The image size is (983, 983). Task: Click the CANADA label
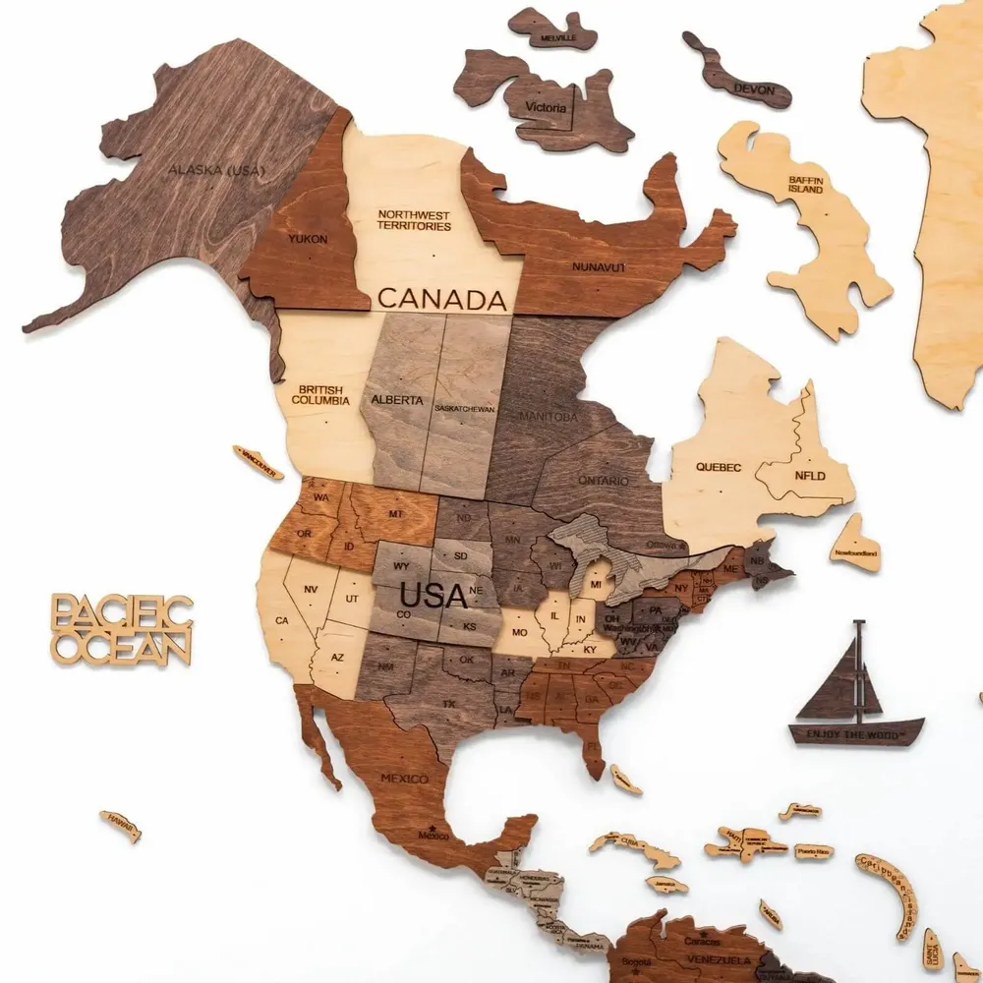pyautogui.click(x=441, y=298)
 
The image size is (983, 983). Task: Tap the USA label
pyautogui.click(x=433, y=596)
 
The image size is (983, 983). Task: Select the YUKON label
pyautogui.click(x=308, y=239)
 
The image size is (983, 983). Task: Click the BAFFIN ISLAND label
pyautogui.click(x=805, y=184)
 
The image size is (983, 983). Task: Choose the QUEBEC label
pyautogui.click(x=719, y=467)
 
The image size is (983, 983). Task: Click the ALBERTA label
pyautogui.click(x=397, y=400)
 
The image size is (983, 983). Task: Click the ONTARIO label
pyautogui.click(x=603, y=481)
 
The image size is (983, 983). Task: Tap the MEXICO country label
pyautogui.click(x=404, y=780)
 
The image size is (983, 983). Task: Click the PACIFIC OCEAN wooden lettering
pyautogui.click(x=122, y=629)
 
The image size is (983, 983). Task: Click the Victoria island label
pyautogui.click(x=546, y=107)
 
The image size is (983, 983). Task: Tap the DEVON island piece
pyautogui.click(x=755, y=88)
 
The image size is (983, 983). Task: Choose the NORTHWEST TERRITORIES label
pyautogui.click(x=414, y=220)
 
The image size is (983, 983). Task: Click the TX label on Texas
pyautogui.click(x=449, y=705)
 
